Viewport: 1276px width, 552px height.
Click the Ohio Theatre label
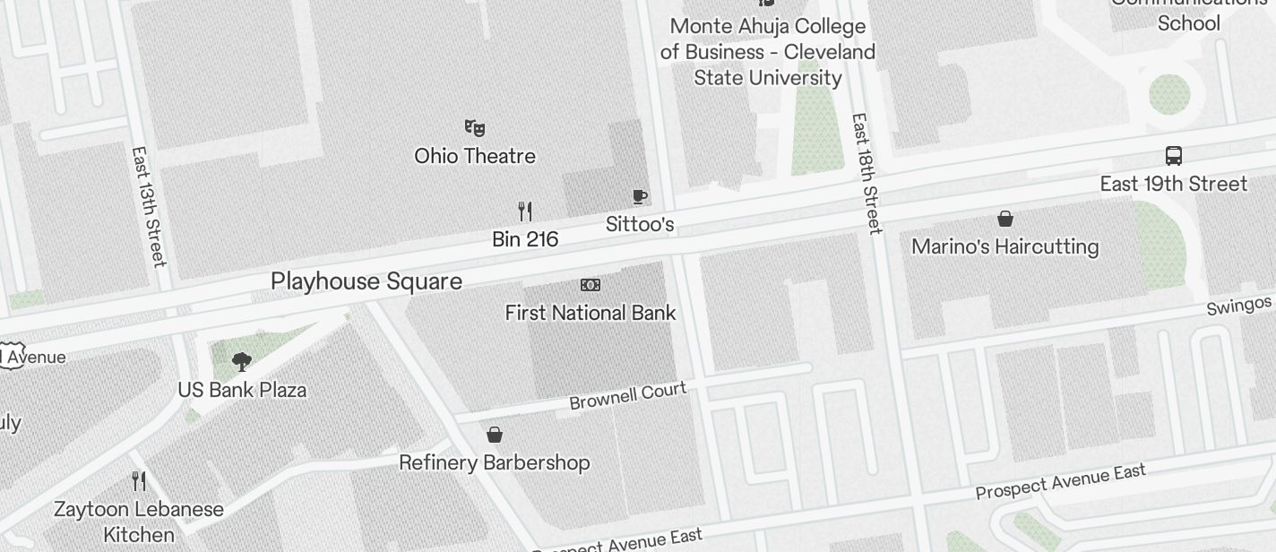click(x=475, y=156)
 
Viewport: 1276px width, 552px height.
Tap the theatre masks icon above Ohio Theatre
click(x=474, y=128)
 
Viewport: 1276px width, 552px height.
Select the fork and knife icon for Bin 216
click(x=525, y=211)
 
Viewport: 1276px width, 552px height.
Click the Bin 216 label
click(x=525, y=239)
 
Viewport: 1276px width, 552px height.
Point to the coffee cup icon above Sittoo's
click(x=639, y=196)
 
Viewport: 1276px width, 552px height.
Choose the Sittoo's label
click(x=640, y=224)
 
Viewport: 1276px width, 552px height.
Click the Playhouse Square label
click(x=366, y=281)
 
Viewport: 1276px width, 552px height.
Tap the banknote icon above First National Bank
click(x=591, y=285)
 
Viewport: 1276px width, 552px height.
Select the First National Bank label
click(x=591, y=313)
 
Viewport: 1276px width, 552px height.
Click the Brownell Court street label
click(x=628, y=395)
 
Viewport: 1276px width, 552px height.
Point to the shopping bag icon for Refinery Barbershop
click(x=494, y=435)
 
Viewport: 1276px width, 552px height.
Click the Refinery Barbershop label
click(x=495, y=462)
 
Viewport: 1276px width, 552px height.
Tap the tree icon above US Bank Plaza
click(x=241, y=362)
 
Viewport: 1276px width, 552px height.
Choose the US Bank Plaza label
click(x=242, y=390)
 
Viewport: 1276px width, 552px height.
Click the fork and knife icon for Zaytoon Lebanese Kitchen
click(x=139, y=481)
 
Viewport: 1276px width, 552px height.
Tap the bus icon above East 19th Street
click(x=1174, y=155)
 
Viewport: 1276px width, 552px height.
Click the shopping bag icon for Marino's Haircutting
click(x=1005, y=219)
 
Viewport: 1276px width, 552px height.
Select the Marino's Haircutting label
click(x=1004, y=246)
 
